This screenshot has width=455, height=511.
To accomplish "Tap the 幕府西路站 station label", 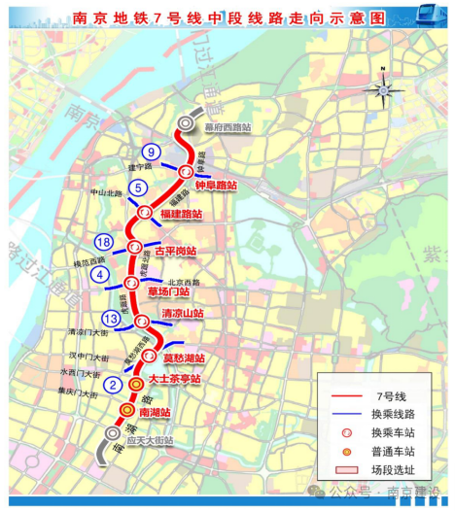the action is [x=226, y=126].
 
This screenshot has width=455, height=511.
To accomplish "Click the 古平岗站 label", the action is [x=175, y=251].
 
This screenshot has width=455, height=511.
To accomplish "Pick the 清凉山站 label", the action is [x=182, y=314].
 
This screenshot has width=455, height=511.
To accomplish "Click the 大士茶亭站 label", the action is [x=176, y=378].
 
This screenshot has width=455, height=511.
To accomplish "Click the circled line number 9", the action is [x=151, y=152].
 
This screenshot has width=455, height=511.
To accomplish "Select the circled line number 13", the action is [x=111, y=317].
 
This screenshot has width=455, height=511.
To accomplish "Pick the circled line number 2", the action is [x=114, y=385].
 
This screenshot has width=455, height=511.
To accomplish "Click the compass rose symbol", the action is [x=382, y=88].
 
